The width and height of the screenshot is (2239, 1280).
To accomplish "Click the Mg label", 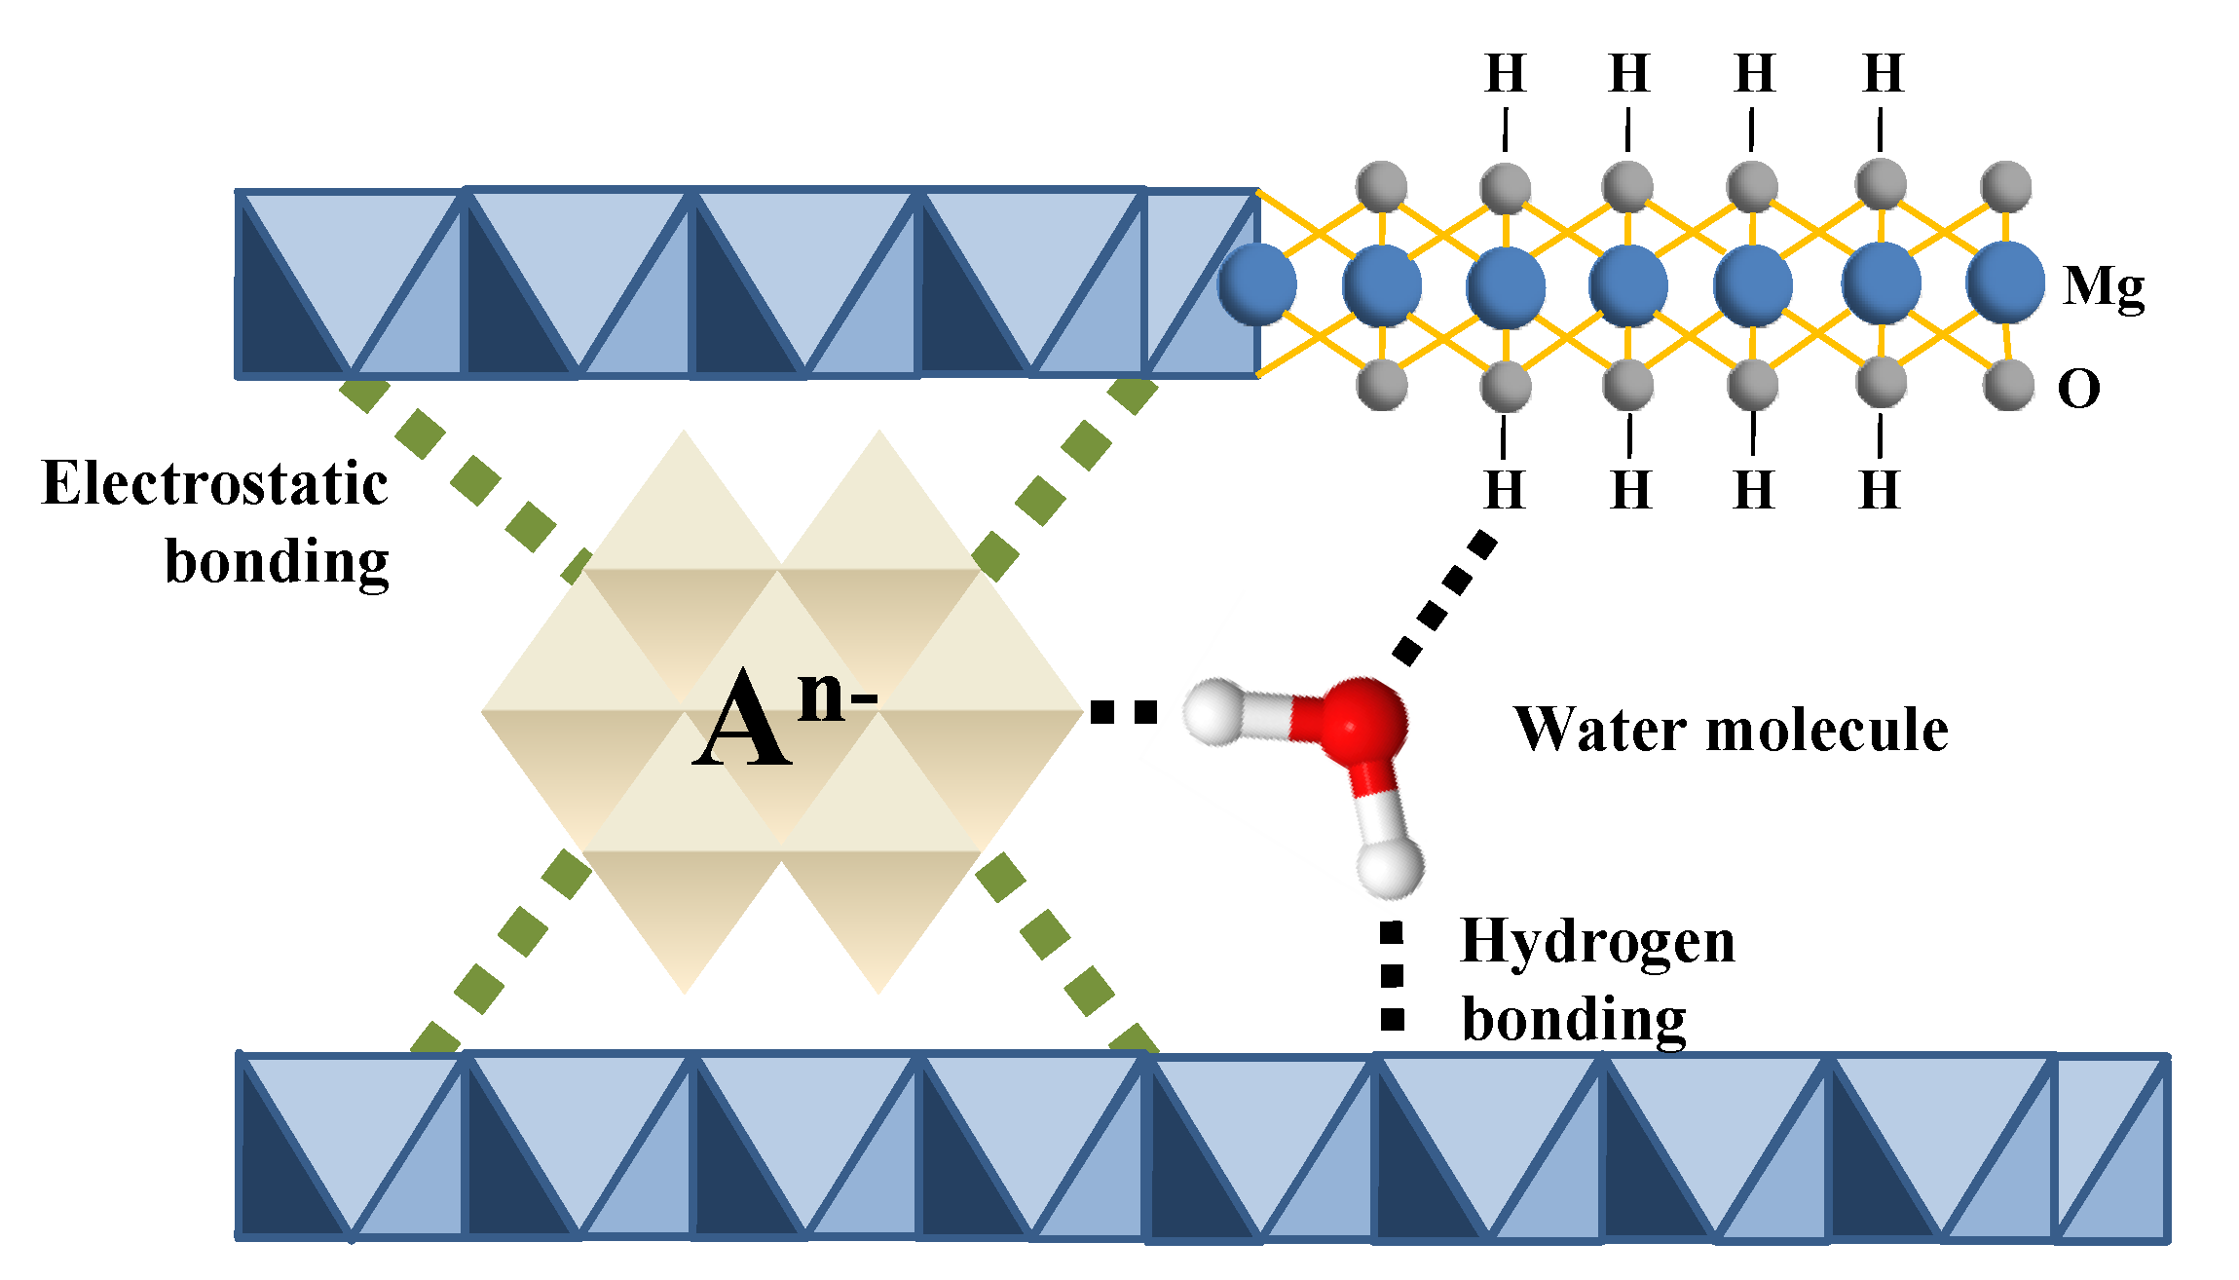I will [x=2104, y=287].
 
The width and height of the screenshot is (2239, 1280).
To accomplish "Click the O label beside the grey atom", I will [x=2078, y=390].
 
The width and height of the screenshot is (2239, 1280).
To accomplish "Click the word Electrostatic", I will [x=215, y=484].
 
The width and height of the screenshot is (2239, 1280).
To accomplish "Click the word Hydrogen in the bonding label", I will [x=1597, y=943].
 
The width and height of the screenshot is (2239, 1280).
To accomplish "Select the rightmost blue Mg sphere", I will [x=2004, y=282].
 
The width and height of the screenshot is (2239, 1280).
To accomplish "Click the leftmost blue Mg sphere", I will [x=1257, y=283].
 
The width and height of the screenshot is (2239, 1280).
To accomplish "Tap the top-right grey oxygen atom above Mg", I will [x=2005, y=186].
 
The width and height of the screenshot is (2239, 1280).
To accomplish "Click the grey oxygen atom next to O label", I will [x=2008, y=385].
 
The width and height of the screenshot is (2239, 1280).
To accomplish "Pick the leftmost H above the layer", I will [x=1505, y=74].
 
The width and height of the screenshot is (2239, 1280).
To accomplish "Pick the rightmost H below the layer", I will [x=1879, y=490].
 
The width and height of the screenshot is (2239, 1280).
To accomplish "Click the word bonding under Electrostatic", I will [x=277, y=563].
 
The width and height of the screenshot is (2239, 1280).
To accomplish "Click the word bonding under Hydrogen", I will [x=1574, y=1020].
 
